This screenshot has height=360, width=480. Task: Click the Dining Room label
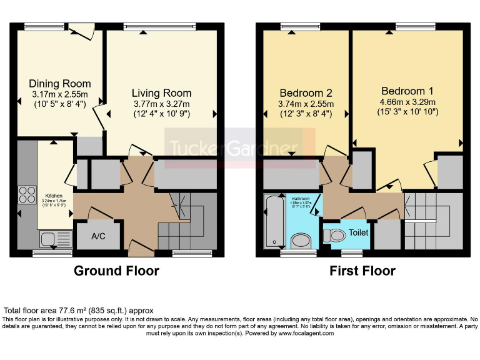(x=60, y=84)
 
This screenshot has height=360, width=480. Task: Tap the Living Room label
(x=161, y=94)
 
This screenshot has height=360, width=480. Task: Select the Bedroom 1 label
(x=407, y=91)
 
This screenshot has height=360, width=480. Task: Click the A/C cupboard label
(x=98, y=237)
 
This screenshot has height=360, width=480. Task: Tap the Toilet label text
(x=359, y=232)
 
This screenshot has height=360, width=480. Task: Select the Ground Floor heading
(x=116, y=271)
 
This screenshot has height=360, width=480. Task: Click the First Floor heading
(x=362, y=271)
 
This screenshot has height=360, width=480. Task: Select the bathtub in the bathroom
(x=274, y=220)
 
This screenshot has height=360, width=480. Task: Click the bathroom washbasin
(x=301, y=241)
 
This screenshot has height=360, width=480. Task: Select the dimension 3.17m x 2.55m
(x=60, y=95)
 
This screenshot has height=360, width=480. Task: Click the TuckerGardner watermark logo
(x=240, y=148)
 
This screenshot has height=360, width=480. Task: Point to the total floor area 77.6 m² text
(x=79, y=310)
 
